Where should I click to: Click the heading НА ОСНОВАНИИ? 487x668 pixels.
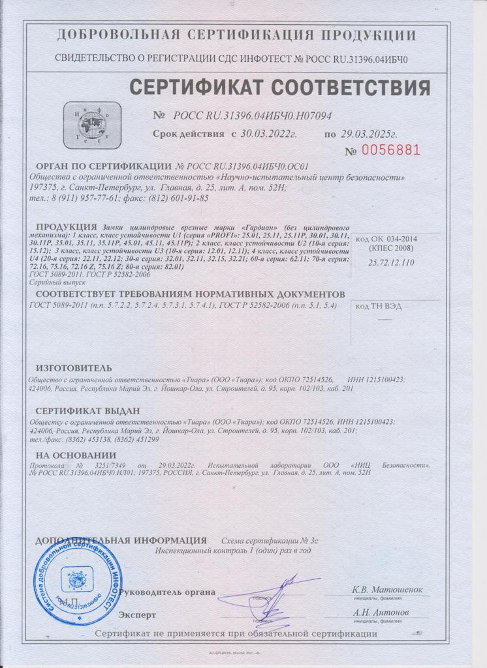[76, 455]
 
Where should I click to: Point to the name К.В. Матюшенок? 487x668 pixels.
[387, 590]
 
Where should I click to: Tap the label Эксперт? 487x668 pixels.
[138, 615]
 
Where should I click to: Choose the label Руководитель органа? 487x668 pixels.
[168, 592]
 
